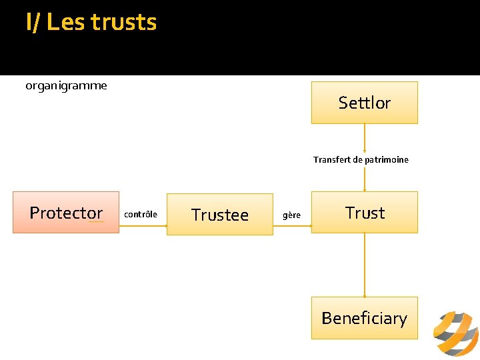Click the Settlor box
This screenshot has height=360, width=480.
click(364, 103)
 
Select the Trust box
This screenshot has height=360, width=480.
click(364, 213)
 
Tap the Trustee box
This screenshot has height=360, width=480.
click(219, 215)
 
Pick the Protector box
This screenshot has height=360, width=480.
click(66, 213)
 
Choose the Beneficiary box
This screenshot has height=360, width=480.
click(364, 318)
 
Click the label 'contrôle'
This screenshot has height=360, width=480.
click(141, 214)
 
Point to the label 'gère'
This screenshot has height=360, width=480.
click(291, 215)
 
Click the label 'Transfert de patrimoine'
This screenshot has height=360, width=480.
click(361, 160)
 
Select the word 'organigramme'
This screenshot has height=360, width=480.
click(66, 85)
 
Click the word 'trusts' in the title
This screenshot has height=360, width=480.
click(123, 23)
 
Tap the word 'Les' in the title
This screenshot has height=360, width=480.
click(66, 23)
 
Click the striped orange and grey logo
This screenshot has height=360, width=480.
click(455, 333)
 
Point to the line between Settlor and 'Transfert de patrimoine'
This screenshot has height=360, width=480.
click(365, 138)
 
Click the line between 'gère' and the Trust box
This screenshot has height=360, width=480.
click(306, 225)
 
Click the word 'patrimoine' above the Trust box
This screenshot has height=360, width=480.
click(385, 160)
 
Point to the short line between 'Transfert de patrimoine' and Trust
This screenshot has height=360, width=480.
click(365, 179)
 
